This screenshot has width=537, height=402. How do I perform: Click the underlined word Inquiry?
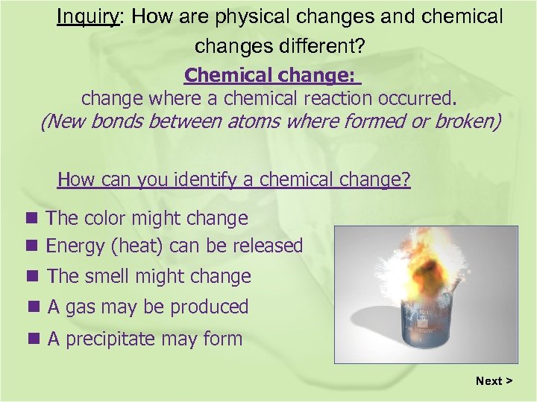coord(88,16)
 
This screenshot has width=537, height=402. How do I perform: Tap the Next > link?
coord(494,380)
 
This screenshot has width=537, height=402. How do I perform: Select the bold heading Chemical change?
coord(271,75)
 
